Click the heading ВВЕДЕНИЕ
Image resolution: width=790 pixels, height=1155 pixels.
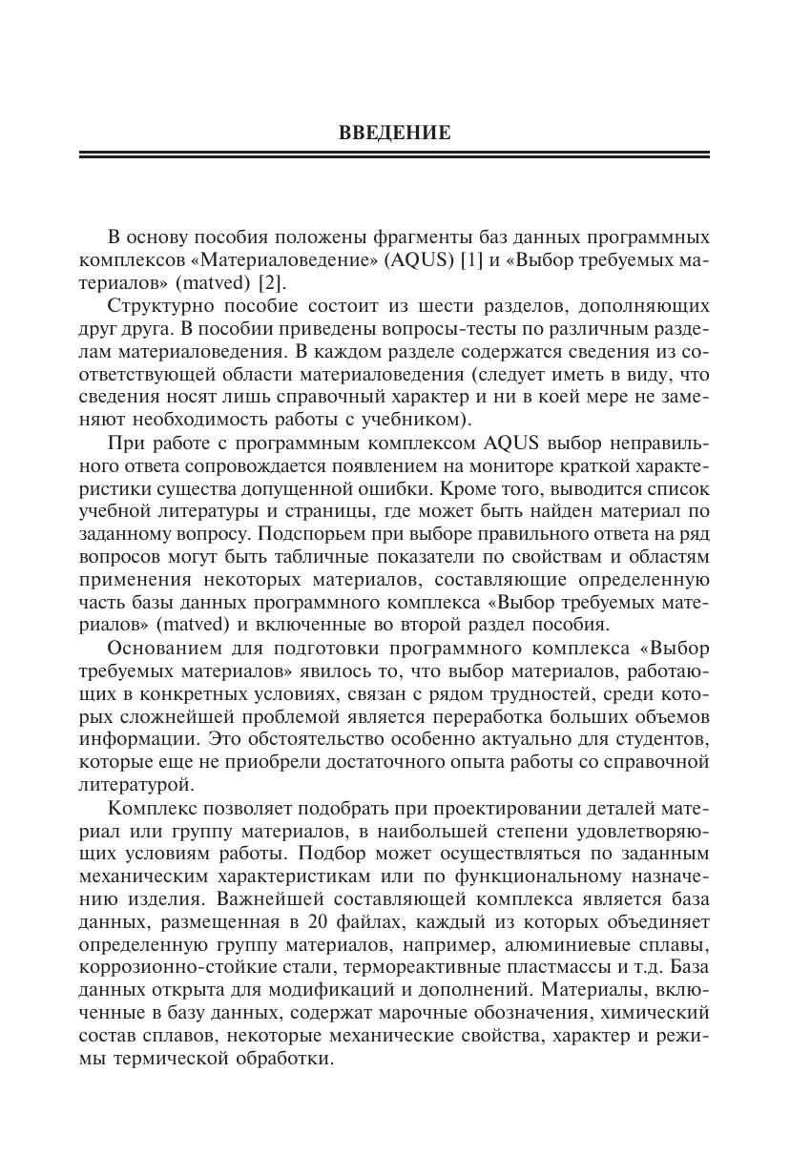394,134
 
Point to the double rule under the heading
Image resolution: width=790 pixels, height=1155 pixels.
394,155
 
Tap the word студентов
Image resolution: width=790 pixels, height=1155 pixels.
657,739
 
